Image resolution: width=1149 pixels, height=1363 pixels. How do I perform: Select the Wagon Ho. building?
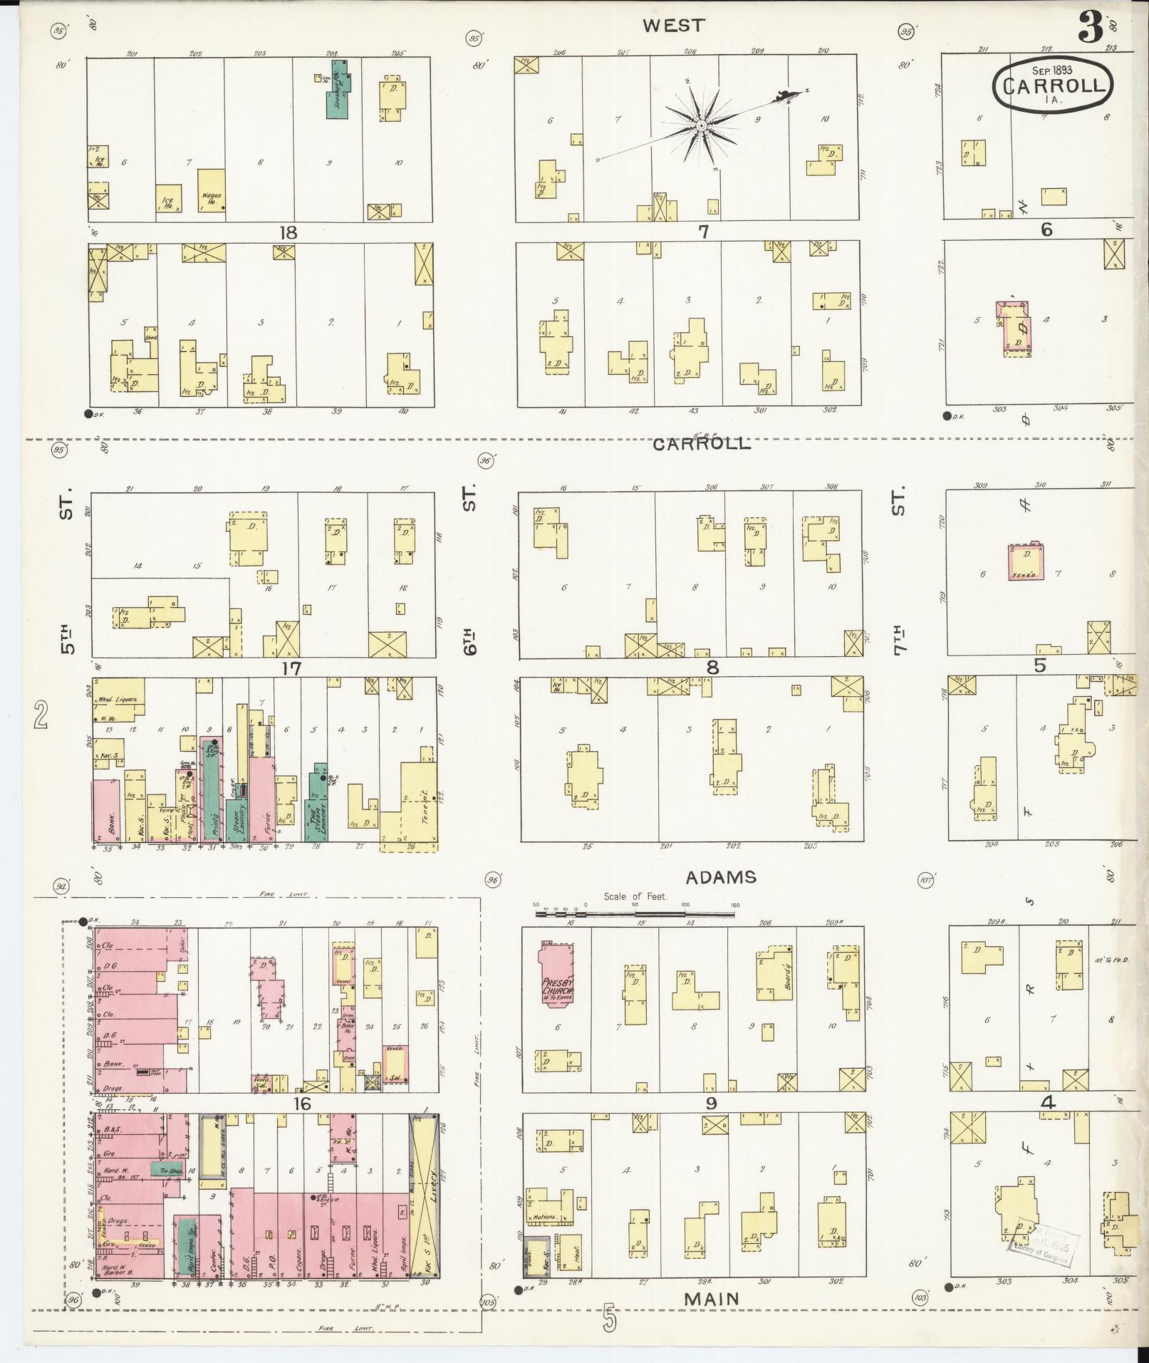(212, 190)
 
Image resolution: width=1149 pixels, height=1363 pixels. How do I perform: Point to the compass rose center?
(702, 125)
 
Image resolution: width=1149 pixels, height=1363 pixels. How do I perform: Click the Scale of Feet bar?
(638, 909)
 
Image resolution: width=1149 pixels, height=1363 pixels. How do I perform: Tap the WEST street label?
(673, 26)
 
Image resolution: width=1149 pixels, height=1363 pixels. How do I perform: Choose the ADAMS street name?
(720, 877)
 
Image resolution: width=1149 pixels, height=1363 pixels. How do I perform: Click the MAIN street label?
(711, 1298)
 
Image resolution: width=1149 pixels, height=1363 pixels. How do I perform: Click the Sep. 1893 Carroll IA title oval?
(1052, 83)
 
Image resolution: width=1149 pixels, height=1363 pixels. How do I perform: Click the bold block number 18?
(288, 233)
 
